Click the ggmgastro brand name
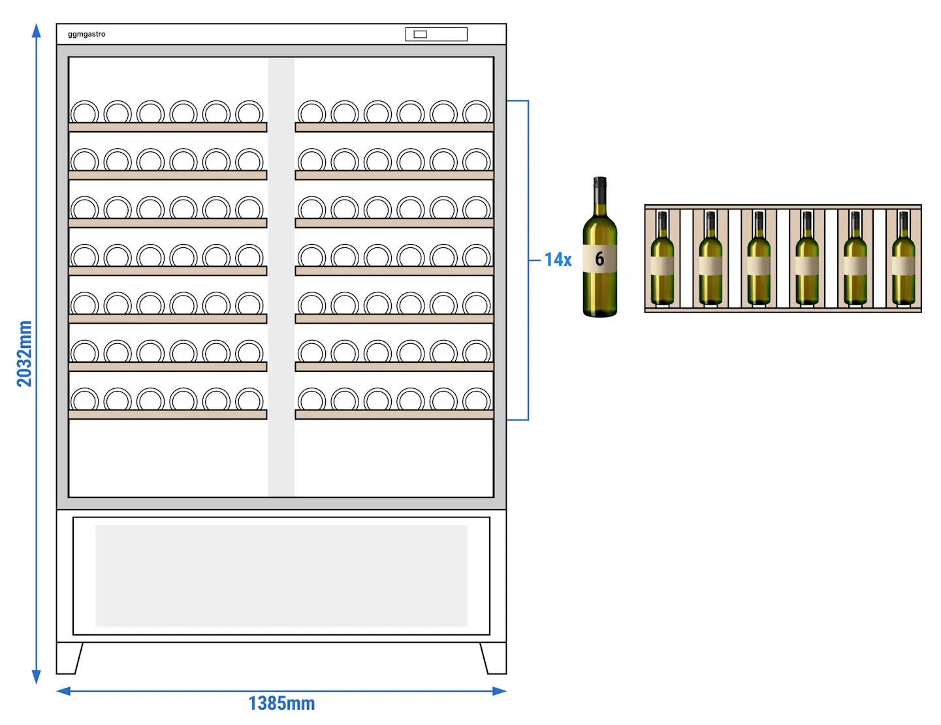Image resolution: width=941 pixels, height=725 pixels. click(87, 34)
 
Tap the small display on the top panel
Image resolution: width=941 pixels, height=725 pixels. click(420, 34)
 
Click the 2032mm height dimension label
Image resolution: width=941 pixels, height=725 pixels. click(24, 354)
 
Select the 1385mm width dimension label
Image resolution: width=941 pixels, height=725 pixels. click(281, 703)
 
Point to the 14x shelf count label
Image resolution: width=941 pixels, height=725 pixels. click(558, 260)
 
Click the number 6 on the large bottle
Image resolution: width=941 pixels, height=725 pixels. click(599, 258)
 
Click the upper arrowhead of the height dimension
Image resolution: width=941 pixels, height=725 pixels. click(37, 31)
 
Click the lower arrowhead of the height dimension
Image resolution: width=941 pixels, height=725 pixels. click(37, 677)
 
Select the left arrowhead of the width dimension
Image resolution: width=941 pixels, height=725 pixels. click(63, 691)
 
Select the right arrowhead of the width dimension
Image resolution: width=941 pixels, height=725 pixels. click(500, 691)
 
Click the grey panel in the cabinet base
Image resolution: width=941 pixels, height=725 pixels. click(281, 576)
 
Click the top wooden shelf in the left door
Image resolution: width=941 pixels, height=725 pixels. click(168, 127)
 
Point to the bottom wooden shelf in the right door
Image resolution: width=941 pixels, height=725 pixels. click(394, 414)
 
